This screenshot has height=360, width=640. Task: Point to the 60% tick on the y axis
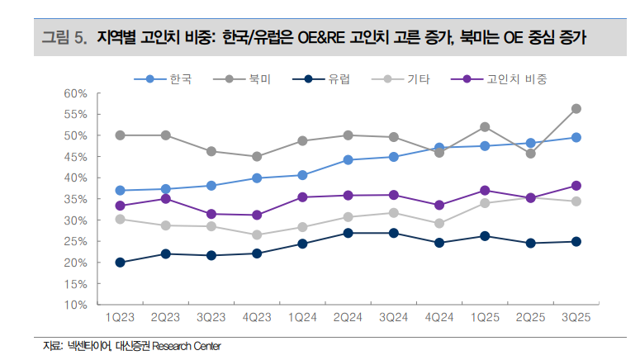75,92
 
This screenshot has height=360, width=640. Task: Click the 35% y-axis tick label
75,199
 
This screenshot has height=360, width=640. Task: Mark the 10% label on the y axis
75,305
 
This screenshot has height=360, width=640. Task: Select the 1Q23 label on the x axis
121,317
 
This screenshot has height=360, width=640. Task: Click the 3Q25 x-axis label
576,317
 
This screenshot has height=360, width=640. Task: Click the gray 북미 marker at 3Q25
576,108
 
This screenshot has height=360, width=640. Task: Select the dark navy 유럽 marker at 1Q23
121,263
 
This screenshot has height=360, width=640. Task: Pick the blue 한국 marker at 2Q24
348,159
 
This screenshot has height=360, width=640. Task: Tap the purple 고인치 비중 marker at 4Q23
257,215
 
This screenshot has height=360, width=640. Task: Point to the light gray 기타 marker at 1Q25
485,203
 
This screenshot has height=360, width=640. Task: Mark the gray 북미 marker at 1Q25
485,126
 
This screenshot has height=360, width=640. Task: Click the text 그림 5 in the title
64,37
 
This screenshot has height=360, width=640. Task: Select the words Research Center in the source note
192,346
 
